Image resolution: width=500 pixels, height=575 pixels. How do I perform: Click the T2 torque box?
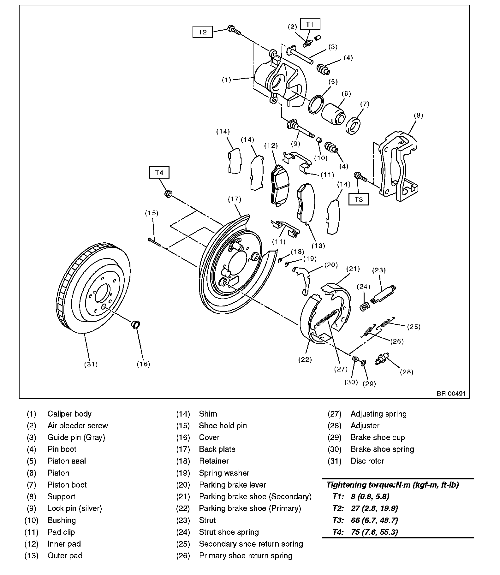point(203,32)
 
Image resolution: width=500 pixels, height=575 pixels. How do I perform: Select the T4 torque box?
point(159,173)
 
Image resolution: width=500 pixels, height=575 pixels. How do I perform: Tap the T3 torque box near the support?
point(359,199)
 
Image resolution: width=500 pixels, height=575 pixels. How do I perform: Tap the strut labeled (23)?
point(384,294)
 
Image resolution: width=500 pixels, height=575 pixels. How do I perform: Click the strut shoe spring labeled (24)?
point(365,306)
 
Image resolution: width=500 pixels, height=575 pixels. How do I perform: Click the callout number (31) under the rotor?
point(91,364)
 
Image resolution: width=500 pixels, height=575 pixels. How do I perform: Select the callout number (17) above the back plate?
point(235,199)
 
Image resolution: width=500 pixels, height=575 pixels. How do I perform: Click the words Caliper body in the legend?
point(69,414)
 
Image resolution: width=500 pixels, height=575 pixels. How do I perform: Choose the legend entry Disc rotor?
point(367,461)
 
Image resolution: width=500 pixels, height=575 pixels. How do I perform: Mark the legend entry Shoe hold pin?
point(223,426)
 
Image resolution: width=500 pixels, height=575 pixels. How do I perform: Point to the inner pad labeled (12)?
point(278,186)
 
